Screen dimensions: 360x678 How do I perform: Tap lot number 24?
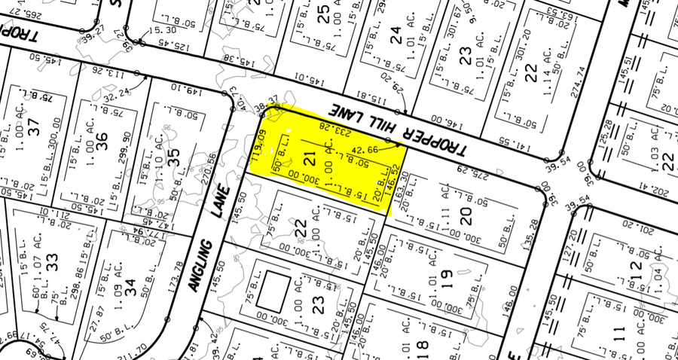coord(396,34)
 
